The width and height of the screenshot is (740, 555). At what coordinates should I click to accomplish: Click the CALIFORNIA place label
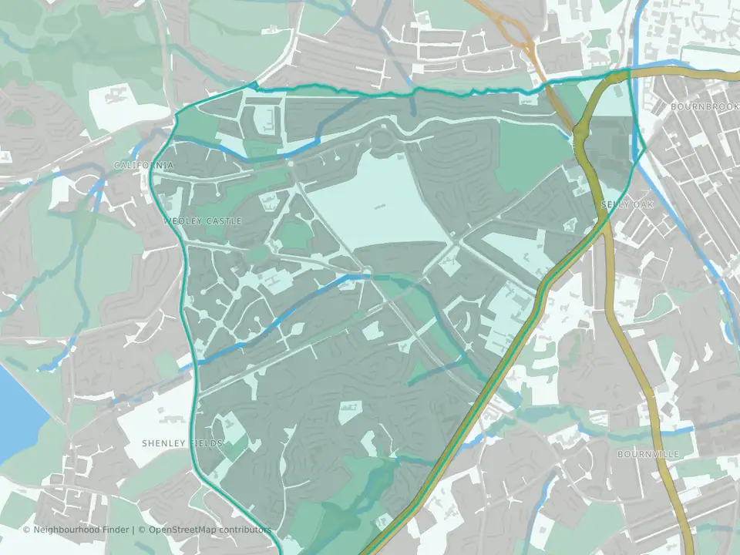click(x=143, y=166)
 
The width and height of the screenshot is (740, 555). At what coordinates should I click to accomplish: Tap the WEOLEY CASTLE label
click(x=203, y=221)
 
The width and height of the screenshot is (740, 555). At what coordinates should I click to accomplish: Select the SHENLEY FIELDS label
click(x=183, y=443)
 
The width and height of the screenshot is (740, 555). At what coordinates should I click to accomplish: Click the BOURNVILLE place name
click(x=648, y=455)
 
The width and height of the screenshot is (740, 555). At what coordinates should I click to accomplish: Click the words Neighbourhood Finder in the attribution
click(x=83, y=530)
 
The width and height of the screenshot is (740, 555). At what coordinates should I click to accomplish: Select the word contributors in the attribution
click(x=244, y=530)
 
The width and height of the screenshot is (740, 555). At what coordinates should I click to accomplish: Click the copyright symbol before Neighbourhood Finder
click(x=27, y=530)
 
